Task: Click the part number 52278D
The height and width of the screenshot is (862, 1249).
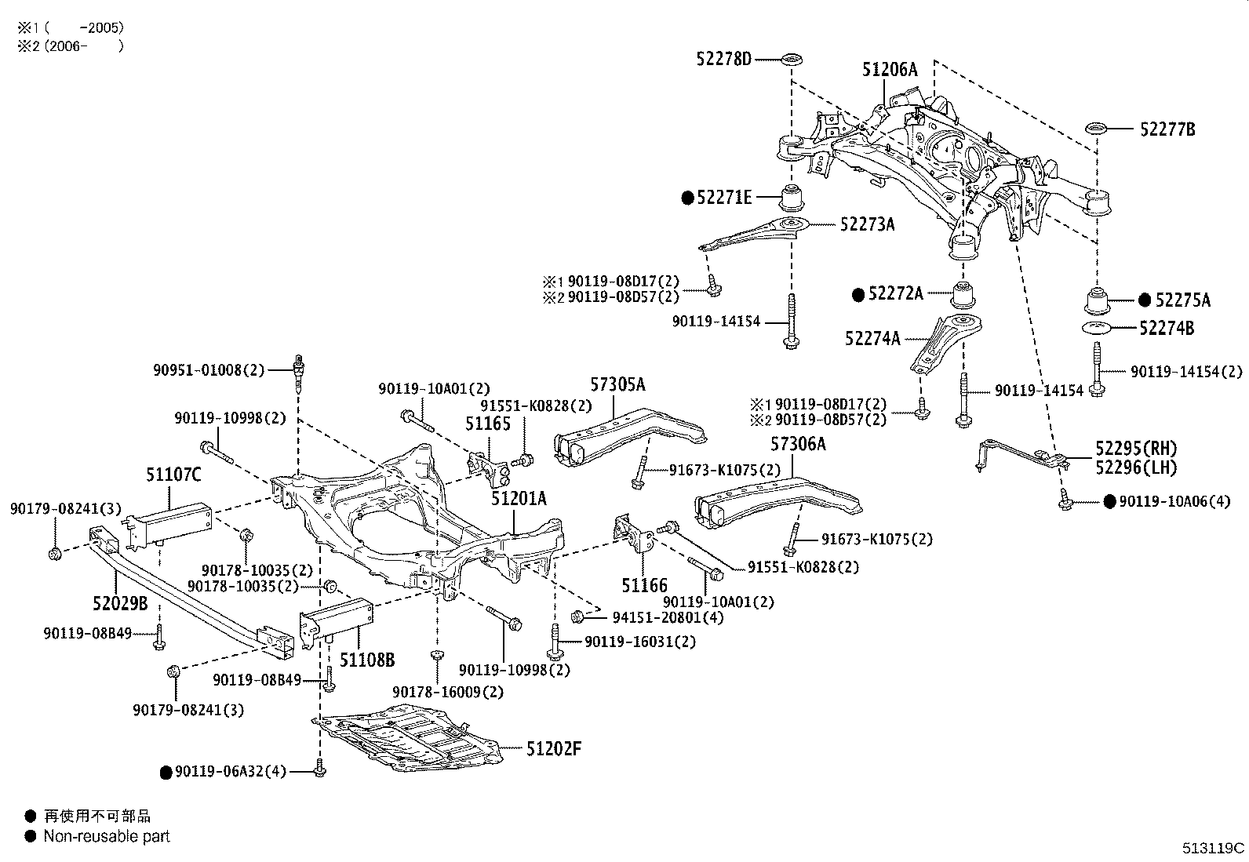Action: click(723, 58)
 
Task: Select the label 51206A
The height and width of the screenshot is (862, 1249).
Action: click(889, 70)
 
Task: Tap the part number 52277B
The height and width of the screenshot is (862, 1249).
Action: click(1167, 130)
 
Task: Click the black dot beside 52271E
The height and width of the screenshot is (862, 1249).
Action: click(687, 198)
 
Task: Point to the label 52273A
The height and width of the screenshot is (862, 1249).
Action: click(867, 224)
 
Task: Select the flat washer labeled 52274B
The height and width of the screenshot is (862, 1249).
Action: click(1098, 327)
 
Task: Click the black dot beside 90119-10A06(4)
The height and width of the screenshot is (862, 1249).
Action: click(1109, 501)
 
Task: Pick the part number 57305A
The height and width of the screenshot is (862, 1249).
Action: click(617, 384)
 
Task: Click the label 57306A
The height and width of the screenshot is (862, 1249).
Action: click(798, 444)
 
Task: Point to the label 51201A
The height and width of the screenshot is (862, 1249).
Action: click(519, 498)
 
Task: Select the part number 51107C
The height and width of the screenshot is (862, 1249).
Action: click(173, 475)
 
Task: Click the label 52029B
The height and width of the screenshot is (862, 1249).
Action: click(120, 603)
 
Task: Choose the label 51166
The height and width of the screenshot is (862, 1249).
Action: click(644, 585)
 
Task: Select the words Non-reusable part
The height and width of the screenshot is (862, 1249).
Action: click(107, 836)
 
